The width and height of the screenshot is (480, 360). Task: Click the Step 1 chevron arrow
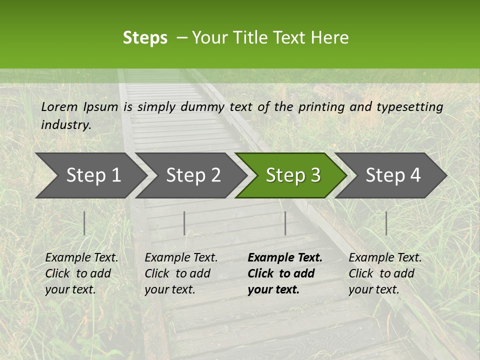pyautogui.click(x=90, y=175)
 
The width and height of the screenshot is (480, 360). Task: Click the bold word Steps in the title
pyautogui.click(x=145, y=38)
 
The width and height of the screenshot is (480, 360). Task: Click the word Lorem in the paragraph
pyautogui.click(x=59, y=106)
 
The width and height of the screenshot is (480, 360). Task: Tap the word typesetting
pyautogui.click(x=409, y=106)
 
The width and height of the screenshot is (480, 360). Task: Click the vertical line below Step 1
pyautogui.click(x=84, y=223)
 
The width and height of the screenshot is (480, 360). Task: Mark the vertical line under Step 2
pyautogui.click(x=184, y=223)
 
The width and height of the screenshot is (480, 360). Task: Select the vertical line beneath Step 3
pyautogui.click(x=285, y=223)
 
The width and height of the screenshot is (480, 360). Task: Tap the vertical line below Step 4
pyautogui.click(x=386, y=223)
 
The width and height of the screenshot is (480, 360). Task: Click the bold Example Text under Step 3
pyautogui.click(x=284, y=273)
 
